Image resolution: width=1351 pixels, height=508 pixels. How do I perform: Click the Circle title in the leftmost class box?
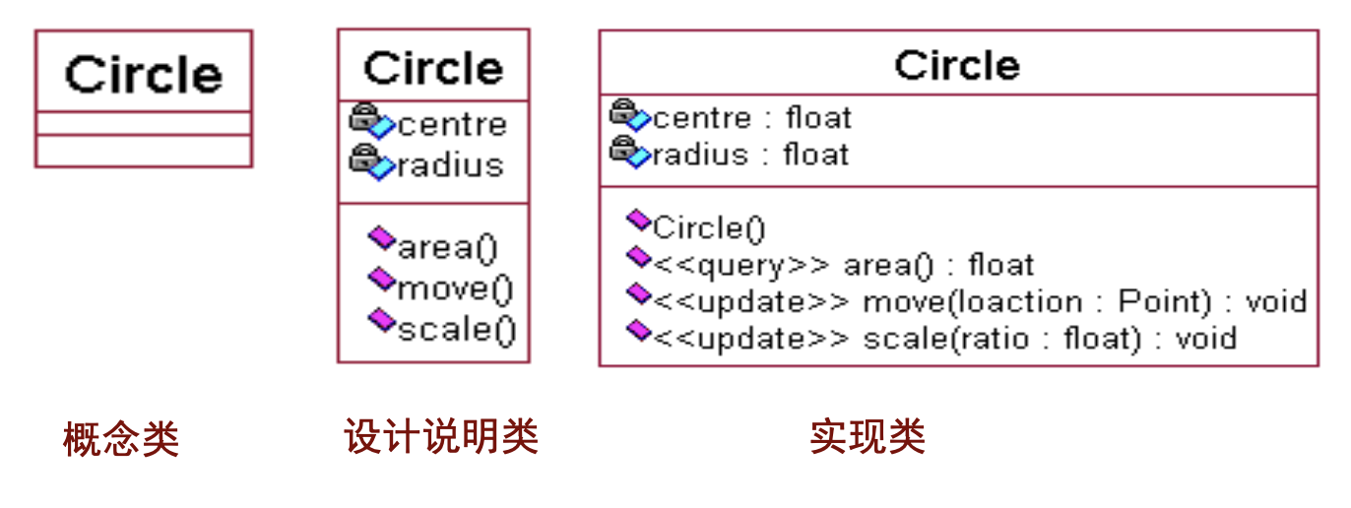pyautogui.click(x=144, y=74)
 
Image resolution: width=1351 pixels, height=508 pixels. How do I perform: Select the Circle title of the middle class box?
pyautogui.click(x=433, y=68)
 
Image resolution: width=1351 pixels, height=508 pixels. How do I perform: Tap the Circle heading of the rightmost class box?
pyautogui.click(x=957, y=65)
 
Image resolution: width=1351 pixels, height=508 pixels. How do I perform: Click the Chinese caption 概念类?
pyautogui.click(x=121, y=439)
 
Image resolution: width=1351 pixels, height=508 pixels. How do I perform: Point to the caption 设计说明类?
pyautogui.click(x=441, y=435)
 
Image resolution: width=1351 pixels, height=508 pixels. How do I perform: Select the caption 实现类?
pyautogui.click(x=868, y=436)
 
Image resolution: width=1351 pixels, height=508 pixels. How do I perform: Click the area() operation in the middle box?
pyautogui.click(x=447, y=248)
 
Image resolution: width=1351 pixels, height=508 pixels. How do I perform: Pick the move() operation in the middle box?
pyautogui.click(x=455, y=289)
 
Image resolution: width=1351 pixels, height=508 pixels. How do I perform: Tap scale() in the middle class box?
pyautogui.click(x=457, y=330)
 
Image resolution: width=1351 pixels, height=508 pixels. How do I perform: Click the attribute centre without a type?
pyautogui.click(x=452, y=124)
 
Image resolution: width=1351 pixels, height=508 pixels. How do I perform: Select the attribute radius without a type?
pyautogui.click(x=451, y=164)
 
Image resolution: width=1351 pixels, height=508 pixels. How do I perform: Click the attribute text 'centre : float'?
pyautogui.click(x=752, y=117)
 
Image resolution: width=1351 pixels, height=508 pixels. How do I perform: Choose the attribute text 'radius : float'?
pyautogui.click(x=751, y=154)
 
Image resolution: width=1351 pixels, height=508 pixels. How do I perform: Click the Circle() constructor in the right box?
pyautogui.click(x=709, y=228)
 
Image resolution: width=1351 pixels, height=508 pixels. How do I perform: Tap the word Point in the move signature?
pyautogui.click(x=1165, y=301)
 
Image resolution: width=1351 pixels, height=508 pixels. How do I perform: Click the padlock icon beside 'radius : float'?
pyautogui.click(x=623, y=148)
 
